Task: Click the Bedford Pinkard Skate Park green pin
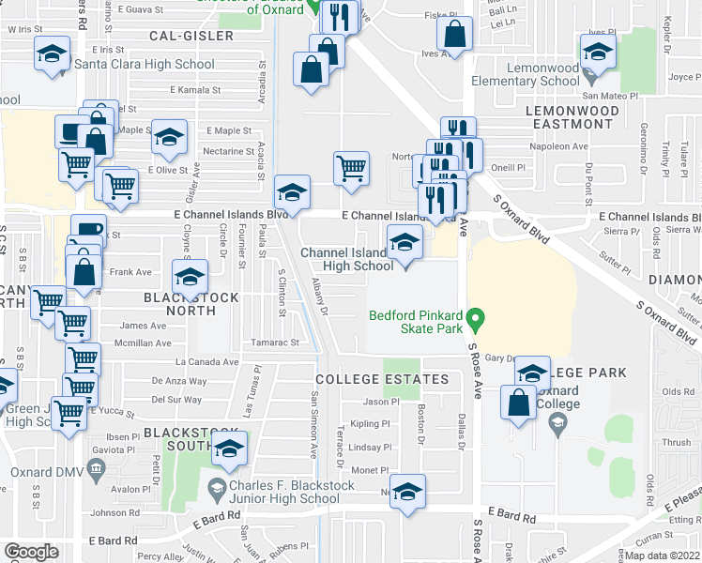[x=476, y=321]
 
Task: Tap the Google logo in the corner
[x=31, y=552]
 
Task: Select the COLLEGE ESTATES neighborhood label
[x=382, y=379]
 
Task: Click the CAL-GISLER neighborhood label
[x=191, y=36]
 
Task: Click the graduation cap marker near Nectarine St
[x=169, y=139]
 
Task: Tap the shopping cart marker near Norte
[x=351, y=169]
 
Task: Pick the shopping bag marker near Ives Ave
[x=454, y=35]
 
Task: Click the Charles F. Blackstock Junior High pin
[x=216, y=487]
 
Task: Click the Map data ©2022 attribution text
[x=664, y=555]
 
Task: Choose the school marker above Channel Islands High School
[x=404, y=244]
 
